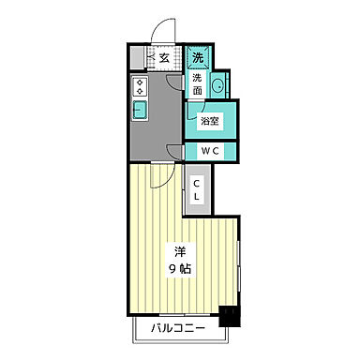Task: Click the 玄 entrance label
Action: click(164, 58)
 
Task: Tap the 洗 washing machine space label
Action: click(198, 57)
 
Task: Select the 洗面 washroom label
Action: click(197, 84)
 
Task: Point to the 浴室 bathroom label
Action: click(210, 121)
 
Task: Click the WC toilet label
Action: click(210, 151)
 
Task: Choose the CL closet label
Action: click(196, 189)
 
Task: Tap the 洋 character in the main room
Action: click(180, 251)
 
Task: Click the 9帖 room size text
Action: click(180, 268)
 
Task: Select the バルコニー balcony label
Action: click(178, 328)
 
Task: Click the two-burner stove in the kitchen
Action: click(140, 86)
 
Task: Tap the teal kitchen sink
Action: click(141, 110)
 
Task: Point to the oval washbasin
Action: click(217, 84)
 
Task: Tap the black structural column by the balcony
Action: click(230, 316)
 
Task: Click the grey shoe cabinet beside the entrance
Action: click(137, 58)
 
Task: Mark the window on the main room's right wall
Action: click(238, 266)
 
